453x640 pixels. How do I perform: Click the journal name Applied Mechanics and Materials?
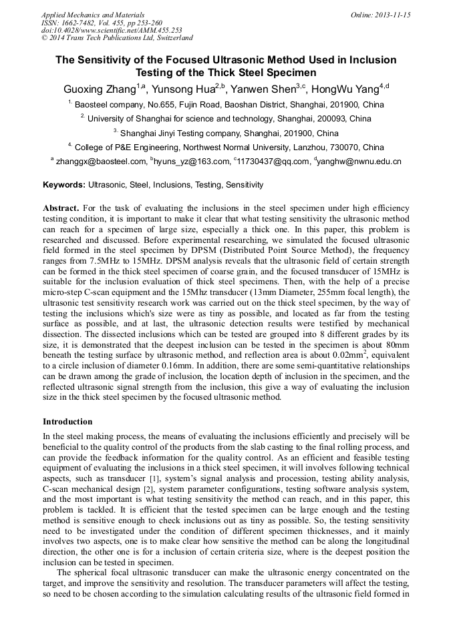[x=92, y=15]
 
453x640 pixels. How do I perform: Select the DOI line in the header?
[x=112, y=30]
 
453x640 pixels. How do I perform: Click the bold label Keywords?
[x=64, y=185]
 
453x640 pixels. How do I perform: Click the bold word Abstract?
[x=61, y=208]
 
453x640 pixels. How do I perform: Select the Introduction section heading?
[x=67, y=422]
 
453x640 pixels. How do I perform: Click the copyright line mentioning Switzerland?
[x=117, y=38]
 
